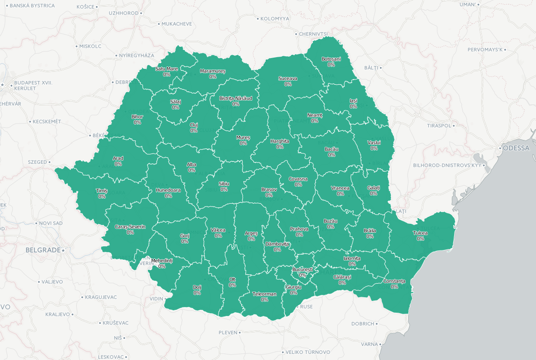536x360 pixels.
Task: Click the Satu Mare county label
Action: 167,69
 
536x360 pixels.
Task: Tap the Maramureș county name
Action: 213,71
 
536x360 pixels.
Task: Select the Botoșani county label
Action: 331,59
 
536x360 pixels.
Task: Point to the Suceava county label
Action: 288,78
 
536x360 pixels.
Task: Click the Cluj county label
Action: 194,125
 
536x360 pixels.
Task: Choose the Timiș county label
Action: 101,191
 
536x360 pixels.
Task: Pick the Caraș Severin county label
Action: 130,227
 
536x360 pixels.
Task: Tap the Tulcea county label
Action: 420,233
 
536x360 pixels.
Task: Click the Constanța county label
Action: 394,281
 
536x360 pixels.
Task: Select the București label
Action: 302,270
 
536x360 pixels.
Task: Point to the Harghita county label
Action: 280,141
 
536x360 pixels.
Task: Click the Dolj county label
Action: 197,287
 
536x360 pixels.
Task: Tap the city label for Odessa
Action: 516,148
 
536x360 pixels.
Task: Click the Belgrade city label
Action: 43,250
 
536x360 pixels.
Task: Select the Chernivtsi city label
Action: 313,34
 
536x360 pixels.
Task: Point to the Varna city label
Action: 369,344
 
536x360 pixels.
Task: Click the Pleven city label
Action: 228,332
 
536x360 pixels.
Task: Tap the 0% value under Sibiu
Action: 224,190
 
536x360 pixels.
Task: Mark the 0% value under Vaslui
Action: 374,148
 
